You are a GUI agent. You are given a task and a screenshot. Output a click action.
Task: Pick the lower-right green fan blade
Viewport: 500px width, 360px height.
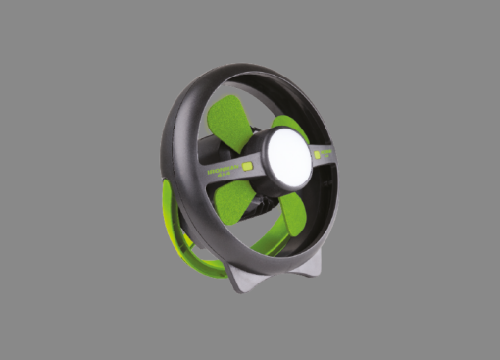(x=292, y=217)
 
